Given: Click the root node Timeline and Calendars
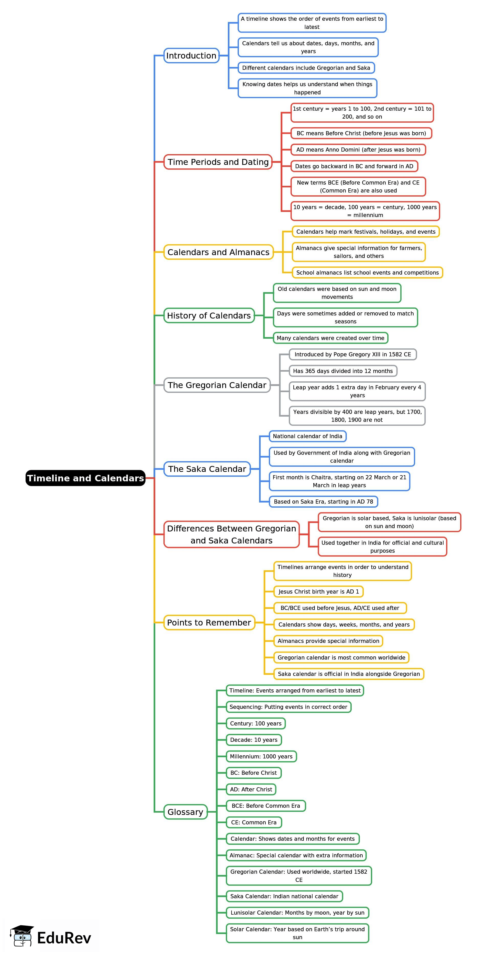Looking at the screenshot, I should point(85,478).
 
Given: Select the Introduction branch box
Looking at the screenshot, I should point(191,56).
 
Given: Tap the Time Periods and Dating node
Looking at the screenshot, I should point(218,162).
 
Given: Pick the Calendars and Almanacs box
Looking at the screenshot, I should point(218,252).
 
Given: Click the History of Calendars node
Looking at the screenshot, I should point(209,316).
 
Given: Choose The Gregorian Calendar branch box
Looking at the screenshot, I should point(217,385).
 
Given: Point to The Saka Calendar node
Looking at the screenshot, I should point(207,469).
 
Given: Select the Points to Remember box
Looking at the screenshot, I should point(209,623).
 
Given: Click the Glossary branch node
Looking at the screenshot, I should point(185,812).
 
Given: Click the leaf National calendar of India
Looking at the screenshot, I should point(308,436).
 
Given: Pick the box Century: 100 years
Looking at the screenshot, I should point(256,723).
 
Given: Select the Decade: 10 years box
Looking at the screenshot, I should point(254,740).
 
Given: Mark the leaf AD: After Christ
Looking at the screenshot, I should point(251,789).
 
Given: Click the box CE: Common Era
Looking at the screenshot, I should point(254,822).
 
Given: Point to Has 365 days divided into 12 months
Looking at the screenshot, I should point(343,371).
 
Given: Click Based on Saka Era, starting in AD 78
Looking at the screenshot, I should point(323,502).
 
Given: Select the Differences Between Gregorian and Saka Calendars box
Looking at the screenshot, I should point(231,534).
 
